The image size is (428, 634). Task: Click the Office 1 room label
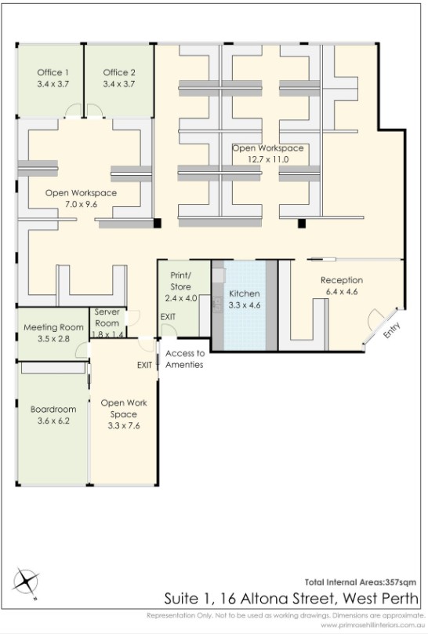[x=53, y=72]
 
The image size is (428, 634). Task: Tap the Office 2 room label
[x=119, y=72]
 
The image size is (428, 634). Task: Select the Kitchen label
[x=245, y=293]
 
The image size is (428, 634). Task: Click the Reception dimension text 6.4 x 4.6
[x=342, y=292]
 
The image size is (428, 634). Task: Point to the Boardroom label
[x=53, y=409]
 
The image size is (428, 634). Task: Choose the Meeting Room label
[x=54, y=327]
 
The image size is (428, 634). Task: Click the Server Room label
[x=107, y=318]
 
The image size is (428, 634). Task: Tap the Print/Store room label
[x=180, y=281]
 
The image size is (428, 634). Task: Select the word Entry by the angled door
[x=391, y=330]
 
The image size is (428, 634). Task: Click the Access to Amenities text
[x=184, y=359]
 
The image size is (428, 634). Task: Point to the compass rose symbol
[x=26, y=582]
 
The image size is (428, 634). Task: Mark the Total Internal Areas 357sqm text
[x=360, y=582]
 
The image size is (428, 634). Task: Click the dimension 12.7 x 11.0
[x=268, y=159]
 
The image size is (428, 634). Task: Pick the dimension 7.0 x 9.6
[x=82, y=204]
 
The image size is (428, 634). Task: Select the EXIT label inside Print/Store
[x=168, y=316]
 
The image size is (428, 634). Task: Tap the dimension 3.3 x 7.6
[x=124, y=426]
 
